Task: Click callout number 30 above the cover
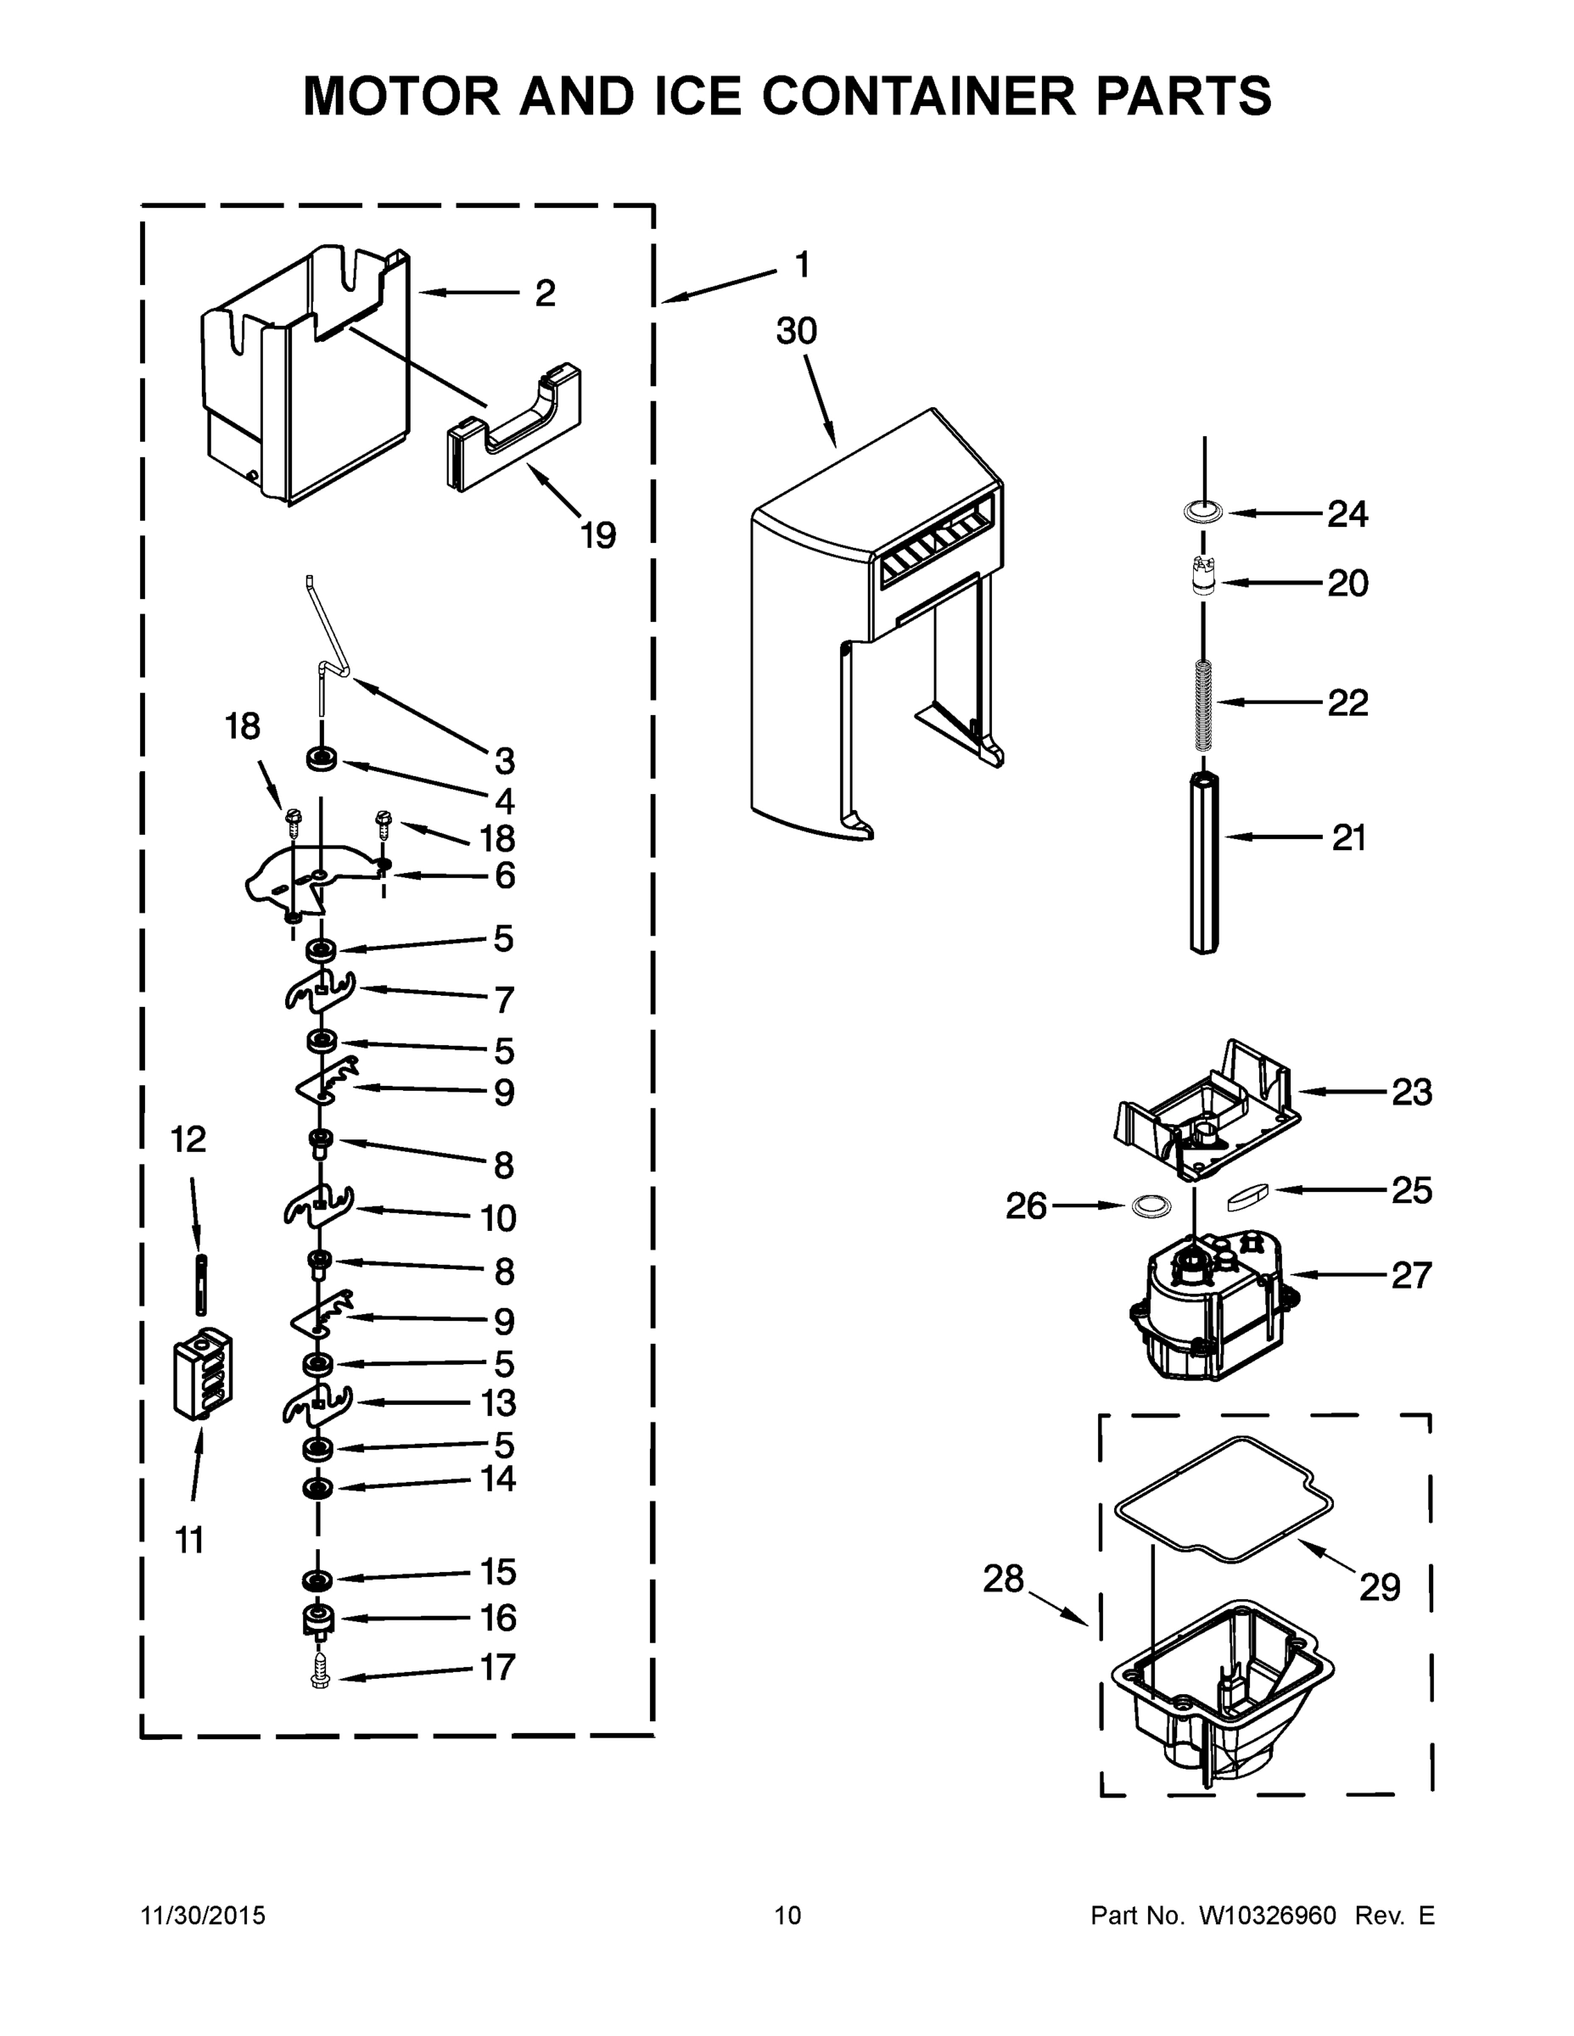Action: (x=796, y=331)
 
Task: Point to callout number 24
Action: (x=1347, y=513)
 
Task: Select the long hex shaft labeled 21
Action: (x=1204, y=862)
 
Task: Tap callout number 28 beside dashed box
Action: (x=1003, y=1580)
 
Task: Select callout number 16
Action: (x=498, y=1618)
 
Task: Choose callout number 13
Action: (x=498, y=1402)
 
